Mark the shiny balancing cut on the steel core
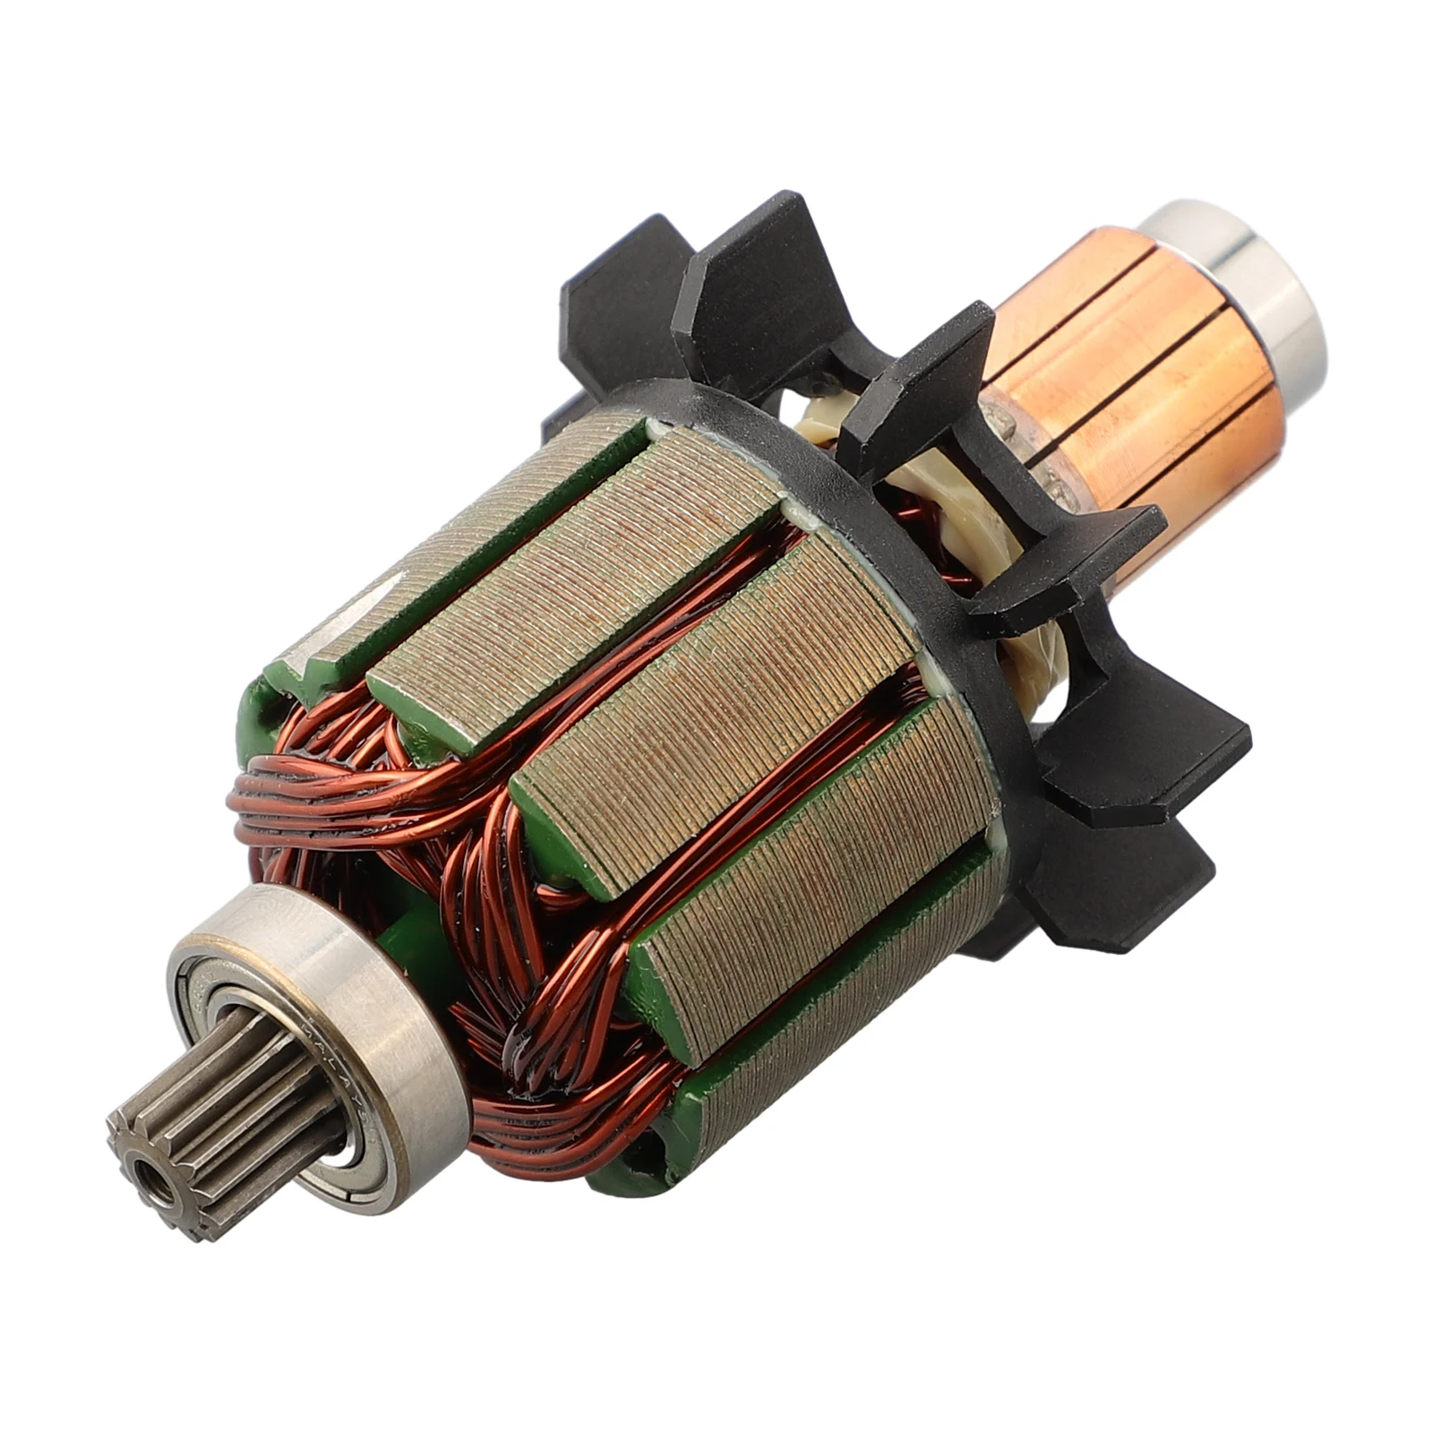[358, 618]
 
